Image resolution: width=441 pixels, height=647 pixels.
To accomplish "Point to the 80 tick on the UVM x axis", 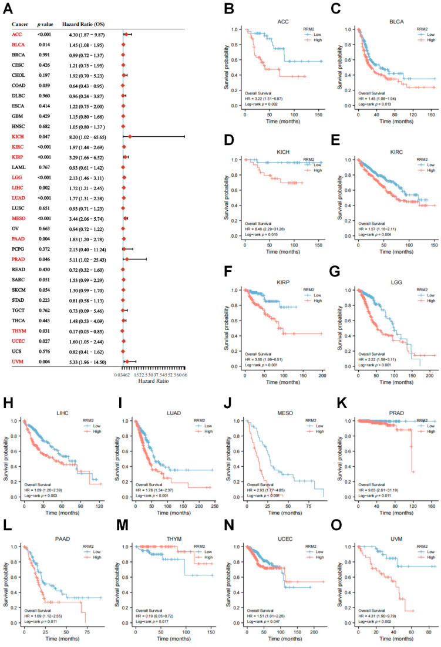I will (425, 630).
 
